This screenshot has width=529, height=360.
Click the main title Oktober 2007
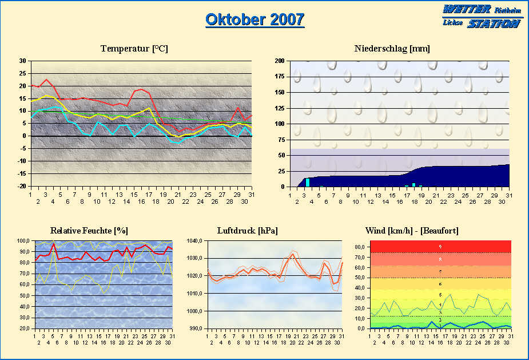pos(254,19)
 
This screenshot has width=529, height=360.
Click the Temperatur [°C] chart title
pos(134,49)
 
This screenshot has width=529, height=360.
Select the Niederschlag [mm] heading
pos(392,49)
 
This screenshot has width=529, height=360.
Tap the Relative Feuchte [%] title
pos(89,230)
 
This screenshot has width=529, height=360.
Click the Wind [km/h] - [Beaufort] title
pos(412,230)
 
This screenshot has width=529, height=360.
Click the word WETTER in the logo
pos(467,10)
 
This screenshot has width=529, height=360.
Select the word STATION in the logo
pos(494,23)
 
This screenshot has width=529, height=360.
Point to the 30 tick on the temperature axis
pos(22,61)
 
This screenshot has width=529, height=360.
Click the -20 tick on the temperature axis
pos(21,187)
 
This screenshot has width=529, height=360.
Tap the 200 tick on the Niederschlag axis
pos(280,61)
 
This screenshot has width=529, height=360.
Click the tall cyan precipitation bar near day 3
pos(308,182)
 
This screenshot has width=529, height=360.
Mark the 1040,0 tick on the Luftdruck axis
pos(196,241)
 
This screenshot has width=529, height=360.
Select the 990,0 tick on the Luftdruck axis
pos(196,329)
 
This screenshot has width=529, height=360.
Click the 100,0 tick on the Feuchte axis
pos(23,241)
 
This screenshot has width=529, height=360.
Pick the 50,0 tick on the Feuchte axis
pos(25,296)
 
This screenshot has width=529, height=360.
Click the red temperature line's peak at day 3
pos(46,80)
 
